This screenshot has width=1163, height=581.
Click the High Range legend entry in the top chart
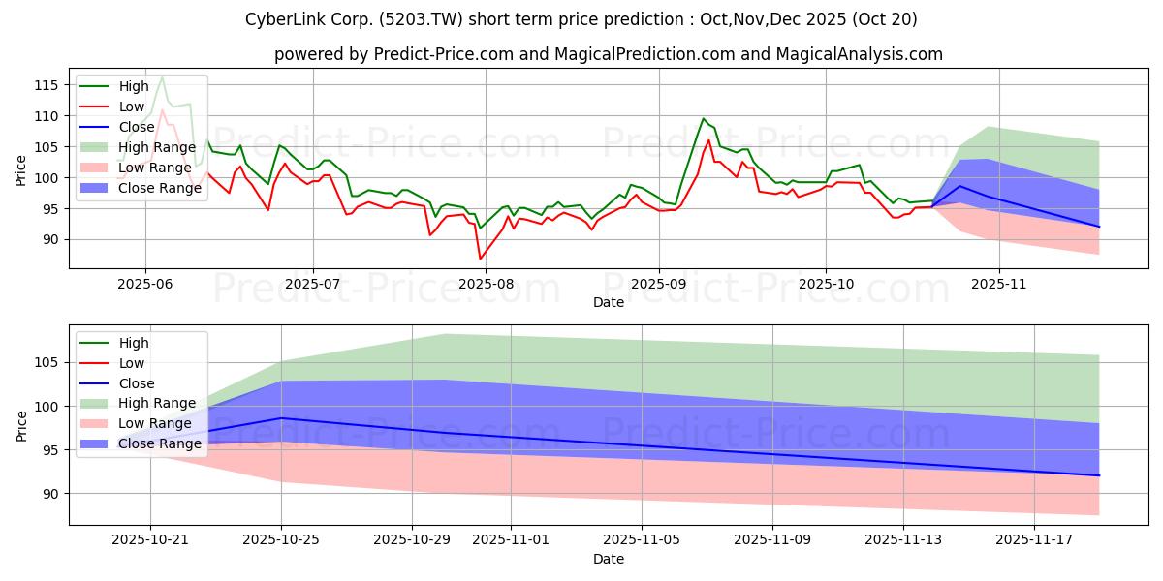[155, 147]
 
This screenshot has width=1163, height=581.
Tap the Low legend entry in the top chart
[132, 107]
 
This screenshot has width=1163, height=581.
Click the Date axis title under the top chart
[608, 302]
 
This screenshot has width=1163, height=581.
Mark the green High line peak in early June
[162, 76]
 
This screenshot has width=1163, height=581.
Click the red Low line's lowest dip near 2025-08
[480, 259]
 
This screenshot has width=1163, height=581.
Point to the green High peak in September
[704, 119]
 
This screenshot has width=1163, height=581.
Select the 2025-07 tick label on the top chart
[312, 284]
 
